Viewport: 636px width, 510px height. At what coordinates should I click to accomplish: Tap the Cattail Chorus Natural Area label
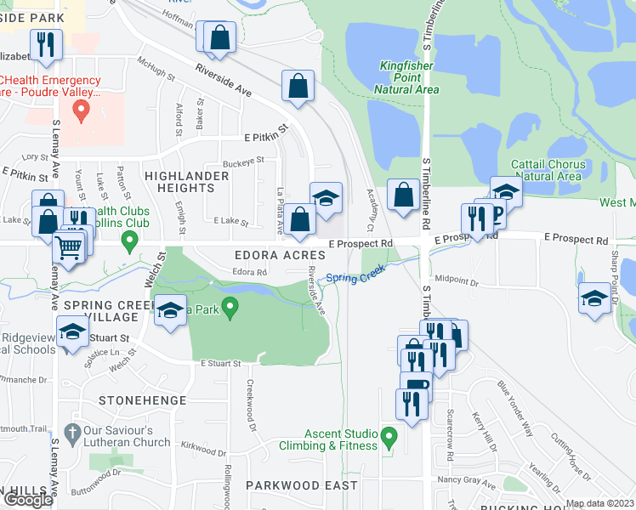click(548, 170)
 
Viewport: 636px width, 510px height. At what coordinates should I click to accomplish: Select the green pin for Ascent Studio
click(389, 438)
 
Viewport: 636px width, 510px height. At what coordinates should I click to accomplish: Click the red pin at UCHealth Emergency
click(82, 110)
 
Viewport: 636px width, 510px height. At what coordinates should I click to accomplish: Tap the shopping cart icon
click(70, 248)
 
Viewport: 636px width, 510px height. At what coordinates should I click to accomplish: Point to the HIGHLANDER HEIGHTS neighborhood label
click(186, 182)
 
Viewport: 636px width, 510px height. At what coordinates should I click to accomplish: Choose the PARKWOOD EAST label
click(302, 485)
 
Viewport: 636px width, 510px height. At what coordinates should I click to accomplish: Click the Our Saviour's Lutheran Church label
click(127, 436)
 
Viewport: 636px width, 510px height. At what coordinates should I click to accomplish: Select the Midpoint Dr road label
click(457, 278)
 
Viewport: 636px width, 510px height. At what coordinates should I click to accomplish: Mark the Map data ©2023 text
click(599, 503)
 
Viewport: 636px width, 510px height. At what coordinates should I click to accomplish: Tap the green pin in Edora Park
click(228, 305)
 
